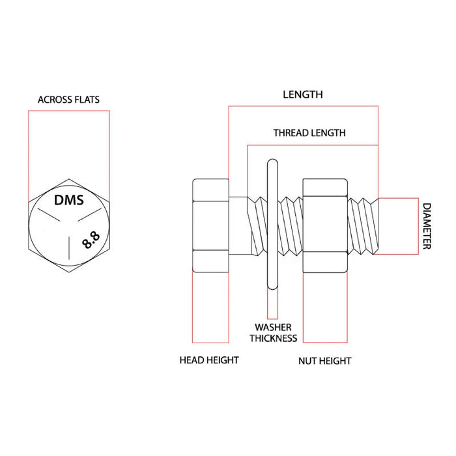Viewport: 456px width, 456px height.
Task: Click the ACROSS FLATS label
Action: pos(68,100)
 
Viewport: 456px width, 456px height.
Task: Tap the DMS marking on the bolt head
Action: pos(69,200)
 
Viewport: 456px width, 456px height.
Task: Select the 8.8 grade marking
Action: pos(91,240)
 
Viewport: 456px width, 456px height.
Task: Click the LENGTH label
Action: pos(303,94)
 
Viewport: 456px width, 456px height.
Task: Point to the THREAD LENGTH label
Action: pos(309,133)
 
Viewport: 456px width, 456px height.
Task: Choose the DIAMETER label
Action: pos(426,226)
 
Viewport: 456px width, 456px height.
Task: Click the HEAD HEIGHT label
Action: pos(209,360)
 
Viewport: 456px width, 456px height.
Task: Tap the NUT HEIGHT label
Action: pos(324,361)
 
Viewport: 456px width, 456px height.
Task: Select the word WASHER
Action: pos(273,327)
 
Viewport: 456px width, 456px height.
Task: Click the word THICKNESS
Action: pos(273,338)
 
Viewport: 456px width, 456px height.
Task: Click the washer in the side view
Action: pos(272,224)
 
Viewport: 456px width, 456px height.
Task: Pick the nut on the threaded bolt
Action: pos(325,225)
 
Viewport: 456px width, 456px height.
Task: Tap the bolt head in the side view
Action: pos(210,225)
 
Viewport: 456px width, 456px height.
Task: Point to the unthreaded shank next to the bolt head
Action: pos(238,225)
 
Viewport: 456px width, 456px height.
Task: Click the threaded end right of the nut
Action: pos(363,226)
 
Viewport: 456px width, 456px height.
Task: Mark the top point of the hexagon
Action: pos(69,179)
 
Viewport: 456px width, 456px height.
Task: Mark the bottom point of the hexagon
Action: pos(69,272)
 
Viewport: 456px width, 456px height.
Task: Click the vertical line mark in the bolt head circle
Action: pos(69,248)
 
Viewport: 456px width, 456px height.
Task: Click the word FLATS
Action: pos(87,100)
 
